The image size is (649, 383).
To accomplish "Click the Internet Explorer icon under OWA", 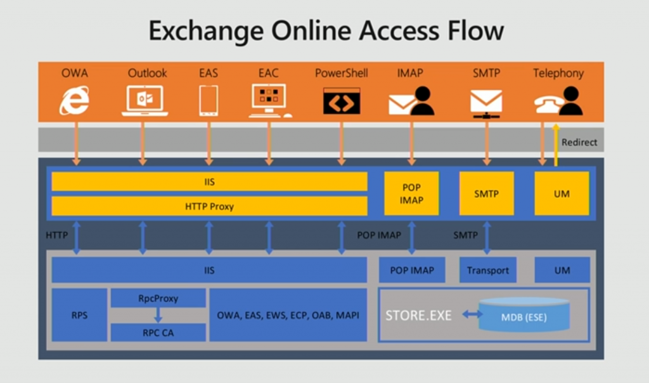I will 74,100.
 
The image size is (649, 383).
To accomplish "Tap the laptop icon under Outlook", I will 145,100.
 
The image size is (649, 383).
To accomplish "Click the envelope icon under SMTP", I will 486,101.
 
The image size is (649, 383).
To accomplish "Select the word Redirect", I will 579,143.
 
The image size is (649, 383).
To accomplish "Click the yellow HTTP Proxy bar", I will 209,206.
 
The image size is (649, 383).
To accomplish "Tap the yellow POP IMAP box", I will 411,193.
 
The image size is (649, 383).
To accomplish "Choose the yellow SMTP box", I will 486,193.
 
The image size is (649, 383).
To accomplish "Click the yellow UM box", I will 562,193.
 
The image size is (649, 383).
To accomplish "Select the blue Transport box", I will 487,270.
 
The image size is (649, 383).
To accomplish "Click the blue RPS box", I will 79,315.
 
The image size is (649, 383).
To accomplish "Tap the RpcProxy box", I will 158,298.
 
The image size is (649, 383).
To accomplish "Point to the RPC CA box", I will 158,332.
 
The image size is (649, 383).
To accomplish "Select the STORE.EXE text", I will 418,315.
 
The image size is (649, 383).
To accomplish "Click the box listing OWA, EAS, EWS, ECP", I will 288,315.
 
